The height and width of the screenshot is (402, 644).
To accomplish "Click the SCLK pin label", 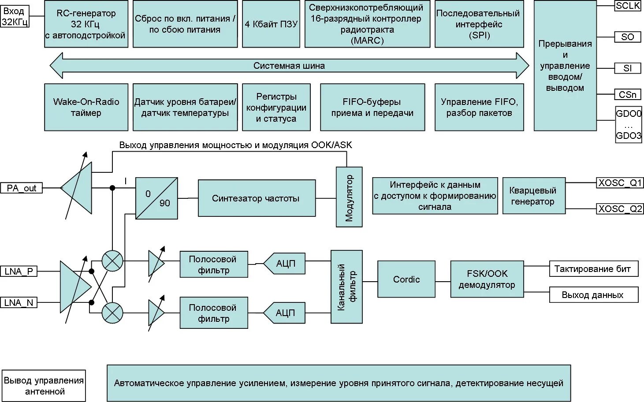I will pos(628,6).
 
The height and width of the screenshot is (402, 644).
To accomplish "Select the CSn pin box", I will pos(628,94).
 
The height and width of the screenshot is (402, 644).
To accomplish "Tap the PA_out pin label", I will pos(21,188).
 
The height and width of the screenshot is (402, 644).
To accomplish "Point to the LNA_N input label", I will pos(19,303).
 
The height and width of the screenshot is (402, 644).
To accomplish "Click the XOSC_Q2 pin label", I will pos(620,208).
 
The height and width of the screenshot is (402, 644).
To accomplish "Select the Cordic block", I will pos(406,279).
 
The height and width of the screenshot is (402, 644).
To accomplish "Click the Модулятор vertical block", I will pos(349,197).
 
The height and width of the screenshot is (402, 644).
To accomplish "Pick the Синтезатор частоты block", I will pos(257,198).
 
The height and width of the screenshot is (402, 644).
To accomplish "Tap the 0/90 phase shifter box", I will pos(156,198).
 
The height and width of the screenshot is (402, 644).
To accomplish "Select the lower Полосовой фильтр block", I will pos(214,313).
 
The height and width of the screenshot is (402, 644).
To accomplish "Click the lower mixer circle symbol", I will pos(112,313).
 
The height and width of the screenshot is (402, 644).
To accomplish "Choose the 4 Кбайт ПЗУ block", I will pos(271,24).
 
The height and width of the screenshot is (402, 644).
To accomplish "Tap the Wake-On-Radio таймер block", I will pos(86,108).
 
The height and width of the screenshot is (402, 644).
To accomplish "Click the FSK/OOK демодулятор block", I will pos(487,279).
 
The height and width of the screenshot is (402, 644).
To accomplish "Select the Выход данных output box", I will pos(593,295).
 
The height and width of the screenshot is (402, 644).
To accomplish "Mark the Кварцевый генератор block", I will pos(533,196).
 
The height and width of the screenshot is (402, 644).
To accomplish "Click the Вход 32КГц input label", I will pos(15,17).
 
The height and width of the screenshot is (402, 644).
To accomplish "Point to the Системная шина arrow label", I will pos(289,66).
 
